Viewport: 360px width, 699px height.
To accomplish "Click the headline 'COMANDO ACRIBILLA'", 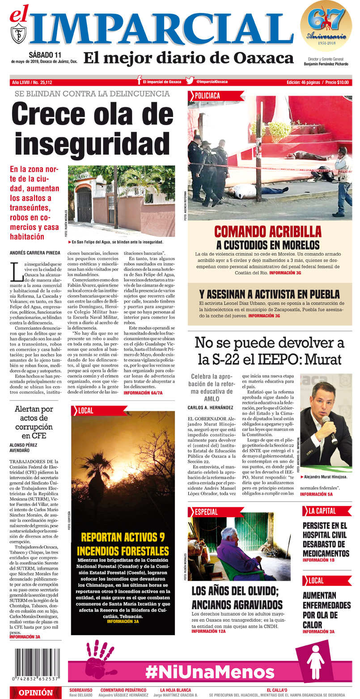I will click(268, 232).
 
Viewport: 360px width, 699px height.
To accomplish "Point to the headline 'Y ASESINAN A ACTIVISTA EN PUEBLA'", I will click(269, 294).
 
